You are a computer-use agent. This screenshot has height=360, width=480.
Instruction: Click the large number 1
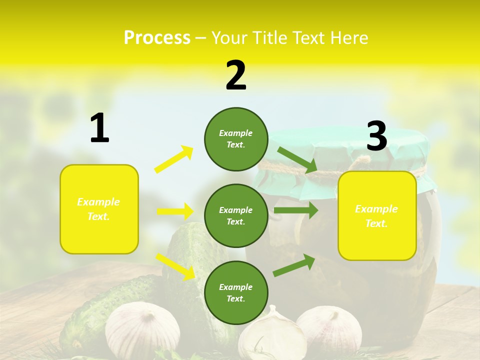pyautogui.click(x=99, y=128)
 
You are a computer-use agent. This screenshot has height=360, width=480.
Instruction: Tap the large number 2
pyautogui.click(x=236, y=75)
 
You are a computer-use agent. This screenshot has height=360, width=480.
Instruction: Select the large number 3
pyautogui.click(x=376, y=136)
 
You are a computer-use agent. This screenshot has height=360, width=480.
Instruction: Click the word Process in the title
pyautogui.click(x=157, y=37)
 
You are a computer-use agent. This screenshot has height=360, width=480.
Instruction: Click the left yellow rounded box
pyautogui.click(x=99, y=209)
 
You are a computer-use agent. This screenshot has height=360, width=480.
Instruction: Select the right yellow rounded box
pyautogui.click(x=377, y=216)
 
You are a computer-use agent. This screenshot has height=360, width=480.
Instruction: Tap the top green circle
pyautogui.click(x=236, y=139)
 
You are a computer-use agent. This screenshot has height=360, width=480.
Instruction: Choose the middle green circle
pyautogui.click(x=236, y=215)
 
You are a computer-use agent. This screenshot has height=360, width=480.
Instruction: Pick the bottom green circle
pyautogui.click(x=236, y=292)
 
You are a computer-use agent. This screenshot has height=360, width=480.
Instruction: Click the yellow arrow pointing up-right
pyautogui.click(x=173, y=159)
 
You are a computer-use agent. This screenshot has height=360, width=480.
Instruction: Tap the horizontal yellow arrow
pyautogui.click(x=175, y=211)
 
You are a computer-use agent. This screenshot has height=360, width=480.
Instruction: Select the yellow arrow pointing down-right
pyautogui.click(x=175, y=266)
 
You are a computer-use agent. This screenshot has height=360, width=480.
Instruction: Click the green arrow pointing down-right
pyautogui.click(x=297, y=159)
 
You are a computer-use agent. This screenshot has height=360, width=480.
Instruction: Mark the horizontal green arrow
pyautogui.click(x=295, y=210)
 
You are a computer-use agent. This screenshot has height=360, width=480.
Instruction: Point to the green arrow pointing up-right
pyautogui.click(x=294, y=265)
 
